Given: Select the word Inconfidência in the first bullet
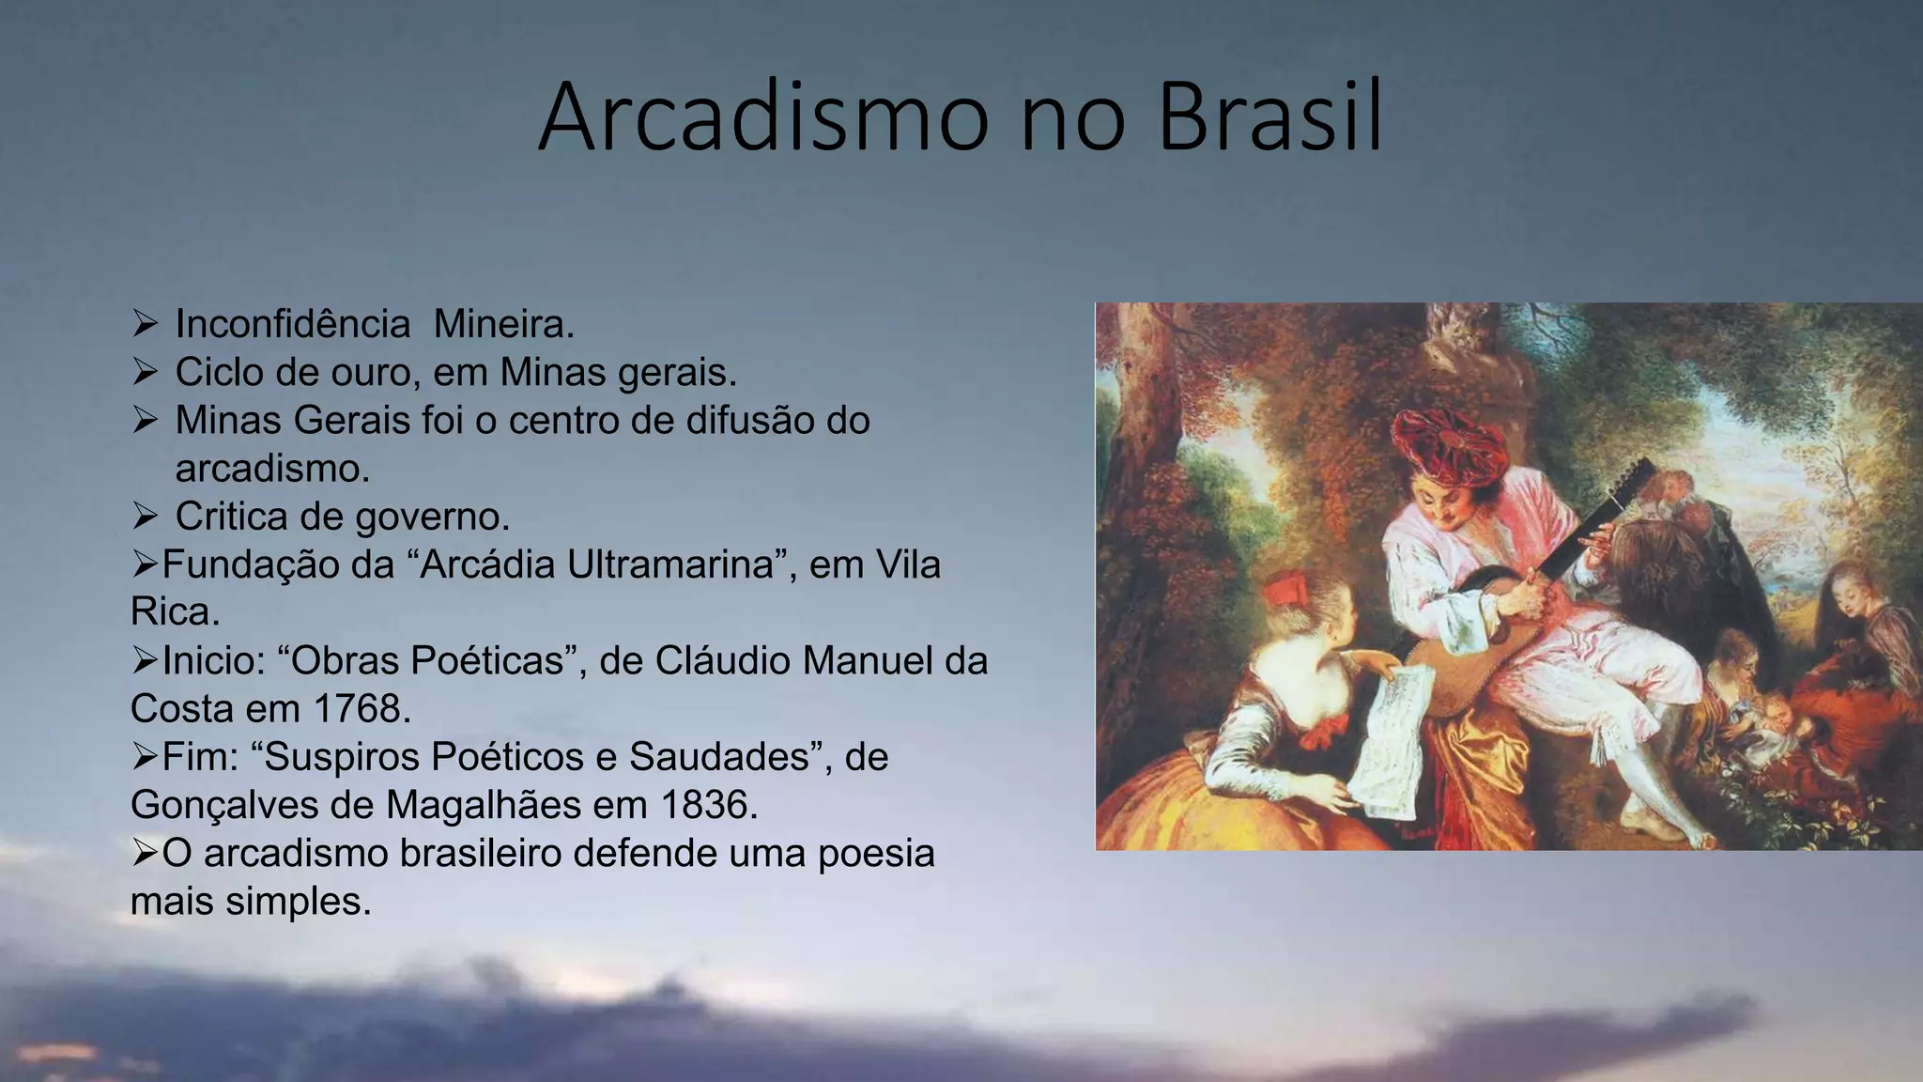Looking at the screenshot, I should pos(292,325).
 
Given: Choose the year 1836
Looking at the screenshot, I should pos(705,805).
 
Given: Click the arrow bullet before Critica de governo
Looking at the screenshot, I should pos(145,516).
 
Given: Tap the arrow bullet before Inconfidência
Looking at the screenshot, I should pos(145,324).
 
